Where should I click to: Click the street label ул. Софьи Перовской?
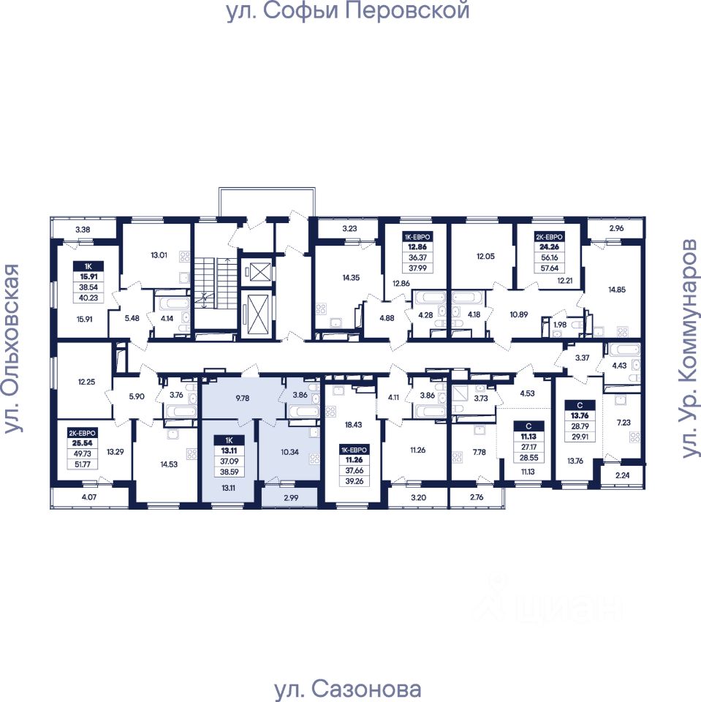coord(347,12)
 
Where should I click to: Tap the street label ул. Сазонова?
coord(348,690)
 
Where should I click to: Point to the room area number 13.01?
coord(159,255)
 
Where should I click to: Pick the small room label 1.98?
coord(559,324)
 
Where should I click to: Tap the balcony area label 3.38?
coord(83,230)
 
